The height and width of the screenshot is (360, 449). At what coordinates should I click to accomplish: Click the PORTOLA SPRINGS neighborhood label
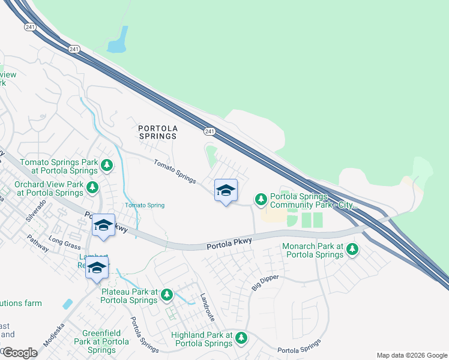[158, 132]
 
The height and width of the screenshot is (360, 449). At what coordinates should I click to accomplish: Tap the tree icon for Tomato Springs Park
[107, 165]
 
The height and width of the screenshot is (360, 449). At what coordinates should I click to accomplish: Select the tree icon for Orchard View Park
[92, 188]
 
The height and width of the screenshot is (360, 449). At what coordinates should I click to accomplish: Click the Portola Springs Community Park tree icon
[261, 199]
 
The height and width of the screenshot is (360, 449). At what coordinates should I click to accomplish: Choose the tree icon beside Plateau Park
[167, 295]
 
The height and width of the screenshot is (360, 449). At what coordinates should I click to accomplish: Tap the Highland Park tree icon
[241, 338]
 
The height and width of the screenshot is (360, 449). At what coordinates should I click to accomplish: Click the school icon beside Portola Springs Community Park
[226, 191]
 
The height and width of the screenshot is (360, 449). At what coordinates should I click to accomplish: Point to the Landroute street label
[207, 306]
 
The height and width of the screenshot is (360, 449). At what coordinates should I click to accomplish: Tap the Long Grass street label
[64, 244]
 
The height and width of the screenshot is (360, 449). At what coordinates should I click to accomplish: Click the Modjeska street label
[53, 335]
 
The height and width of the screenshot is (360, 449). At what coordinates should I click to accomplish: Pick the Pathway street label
[38, 246]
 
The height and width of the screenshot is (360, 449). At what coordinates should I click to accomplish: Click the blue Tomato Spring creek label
[144, 205]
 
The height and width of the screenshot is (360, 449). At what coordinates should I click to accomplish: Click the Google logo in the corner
[20, 352]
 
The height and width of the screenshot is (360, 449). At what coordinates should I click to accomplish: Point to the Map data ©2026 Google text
[411, 355]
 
